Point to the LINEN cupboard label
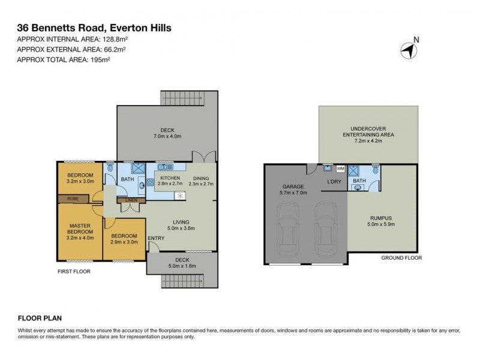131,200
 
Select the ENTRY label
156,238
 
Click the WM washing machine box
340,170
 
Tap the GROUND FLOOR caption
401,257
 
